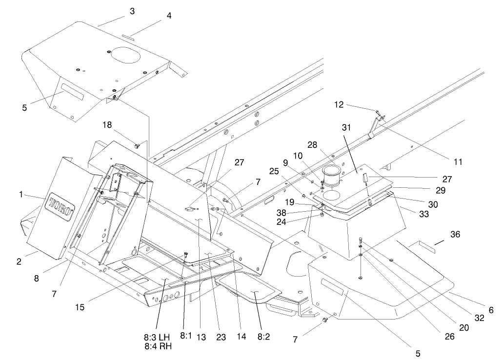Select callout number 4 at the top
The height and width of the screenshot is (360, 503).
click(x=169, y=16)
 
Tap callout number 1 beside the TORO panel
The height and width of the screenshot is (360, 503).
click(x=21, y=195)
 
